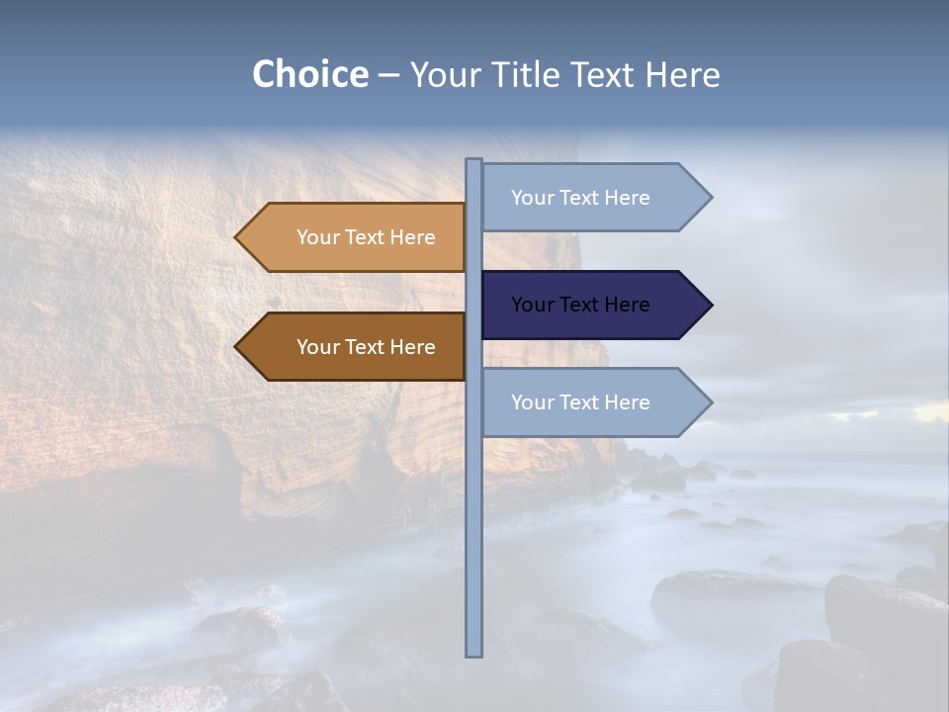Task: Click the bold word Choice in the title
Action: click(x=309, y=75)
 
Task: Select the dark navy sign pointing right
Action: click(x=583, y=305)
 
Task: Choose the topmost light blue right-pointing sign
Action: click(x=583, y=198)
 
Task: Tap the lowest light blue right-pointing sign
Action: click(x=583, y=402)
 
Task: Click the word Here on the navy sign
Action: click(x=626, y=305)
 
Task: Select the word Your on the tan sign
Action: click(x=317, y=237)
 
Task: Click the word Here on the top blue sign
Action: click(x=626, y=198)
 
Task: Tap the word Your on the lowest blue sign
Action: click(x=532, y=402)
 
